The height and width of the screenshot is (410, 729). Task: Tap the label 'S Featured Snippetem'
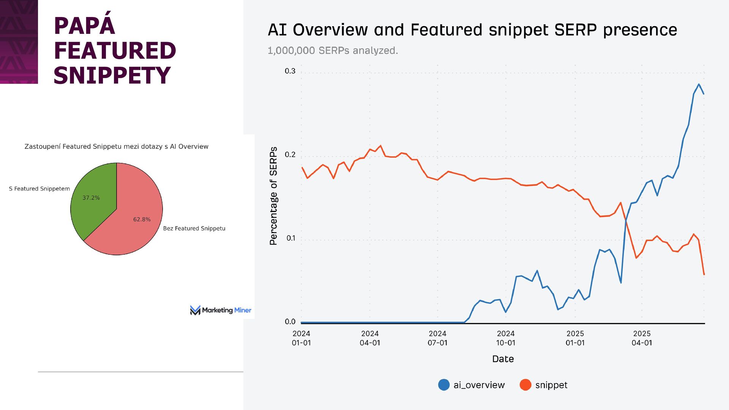[x=39, y=189]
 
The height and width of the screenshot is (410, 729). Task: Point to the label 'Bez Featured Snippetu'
[x=194, y=229]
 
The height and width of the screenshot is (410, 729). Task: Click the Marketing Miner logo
[x=221, y=310]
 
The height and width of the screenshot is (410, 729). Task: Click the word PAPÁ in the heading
[x=84, y=26]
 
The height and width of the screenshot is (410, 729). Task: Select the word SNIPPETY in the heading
[x=112, y=76]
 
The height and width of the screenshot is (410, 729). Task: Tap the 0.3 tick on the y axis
[x=290, y=71]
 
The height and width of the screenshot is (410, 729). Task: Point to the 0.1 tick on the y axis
[x=291, y=238]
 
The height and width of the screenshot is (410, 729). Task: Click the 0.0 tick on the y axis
[x=290, y=322]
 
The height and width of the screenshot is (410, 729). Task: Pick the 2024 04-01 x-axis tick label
[x=370, y=338]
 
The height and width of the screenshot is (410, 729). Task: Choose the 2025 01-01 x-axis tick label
[x=575, y=338]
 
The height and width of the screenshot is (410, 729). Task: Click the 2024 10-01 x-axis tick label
[x=505, y=338]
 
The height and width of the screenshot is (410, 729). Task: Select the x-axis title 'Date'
[x=503, y=359]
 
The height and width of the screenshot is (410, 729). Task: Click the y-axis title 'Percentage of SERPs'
[x=273, y=196]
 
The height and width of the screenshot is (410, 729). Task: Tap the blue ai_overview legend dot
[x=443, y=385]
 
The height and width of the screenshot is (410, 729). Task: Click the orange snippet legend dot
[x=525, y=385]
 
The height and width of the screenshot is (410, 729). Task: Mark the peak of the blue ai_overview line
[x=699, y=84]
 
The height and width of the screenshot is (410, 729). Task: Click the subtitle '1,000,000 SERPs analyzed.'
[x=333, y=50]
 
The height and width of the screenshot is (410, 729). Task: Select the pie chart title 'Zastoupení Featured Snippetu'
[x=116, y=147]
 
